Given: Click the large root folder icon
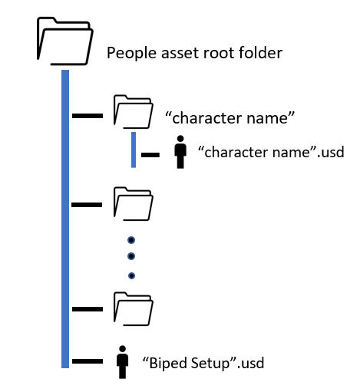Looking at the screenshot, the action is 65,41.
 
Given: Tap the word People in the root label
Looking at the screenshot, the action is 131,53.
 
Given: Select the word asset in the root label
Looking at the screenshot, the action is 180,54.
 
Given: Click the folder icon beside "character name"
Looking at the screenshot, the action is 134,112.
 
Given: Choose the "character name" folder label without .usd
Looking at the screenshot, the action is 230,118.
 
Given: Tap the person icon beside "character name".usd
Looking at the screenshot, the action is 180,152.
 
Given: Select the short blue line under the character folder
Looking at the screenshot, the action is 134,150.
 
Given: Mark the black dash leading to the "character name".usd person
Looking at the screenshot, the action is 150,155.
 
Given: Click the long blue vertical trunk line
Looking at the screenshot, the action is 65,219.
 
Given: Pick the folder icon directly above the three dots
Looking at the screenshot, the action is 134,204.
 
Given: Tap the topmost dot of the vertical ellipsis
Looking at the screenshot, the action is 131,240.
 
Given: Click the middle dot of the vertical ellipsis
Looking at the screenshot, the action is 131,256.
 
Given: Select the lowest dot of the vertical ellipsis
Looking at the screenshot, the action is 131,275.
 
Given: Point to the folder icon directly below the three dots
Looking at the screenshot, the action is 134,308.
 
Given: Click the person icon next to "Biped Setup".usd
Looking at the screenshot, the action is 122,362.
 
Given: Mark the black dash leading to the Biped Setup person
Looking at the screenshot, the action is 88,361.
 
